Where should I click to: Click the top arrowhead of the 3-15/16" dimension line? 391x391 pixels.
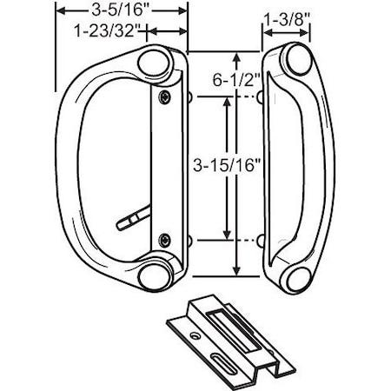click(x=227, y=101)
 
